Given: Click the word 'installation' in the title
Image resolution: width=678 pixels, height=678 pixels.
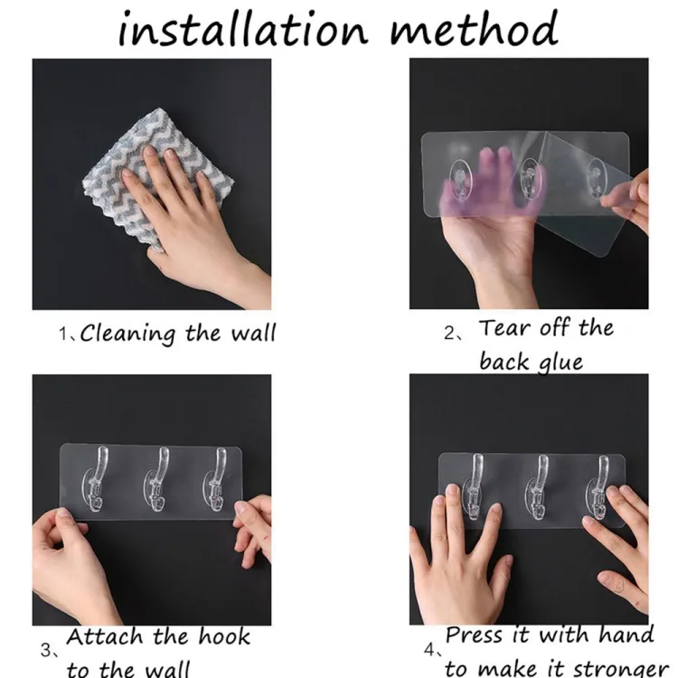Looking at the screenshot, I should (242, 29).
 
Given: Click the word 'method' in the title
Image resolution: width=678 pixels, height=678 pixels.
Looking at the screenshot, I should (475, 29).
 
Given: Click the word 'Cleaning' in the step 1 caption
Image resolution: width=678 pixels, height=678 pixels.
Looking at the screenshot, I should (127, 334).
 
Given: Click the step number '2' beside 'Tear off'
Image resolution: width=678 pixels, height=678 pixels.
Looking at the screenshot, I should (451, 333).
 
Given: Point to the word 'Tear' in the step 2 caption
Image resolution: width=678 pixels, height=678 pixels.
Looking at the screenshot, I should (507, 328).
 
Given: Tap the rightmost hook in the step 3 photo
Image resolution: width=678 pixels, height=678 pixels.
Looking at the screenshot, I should (214, 484).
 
